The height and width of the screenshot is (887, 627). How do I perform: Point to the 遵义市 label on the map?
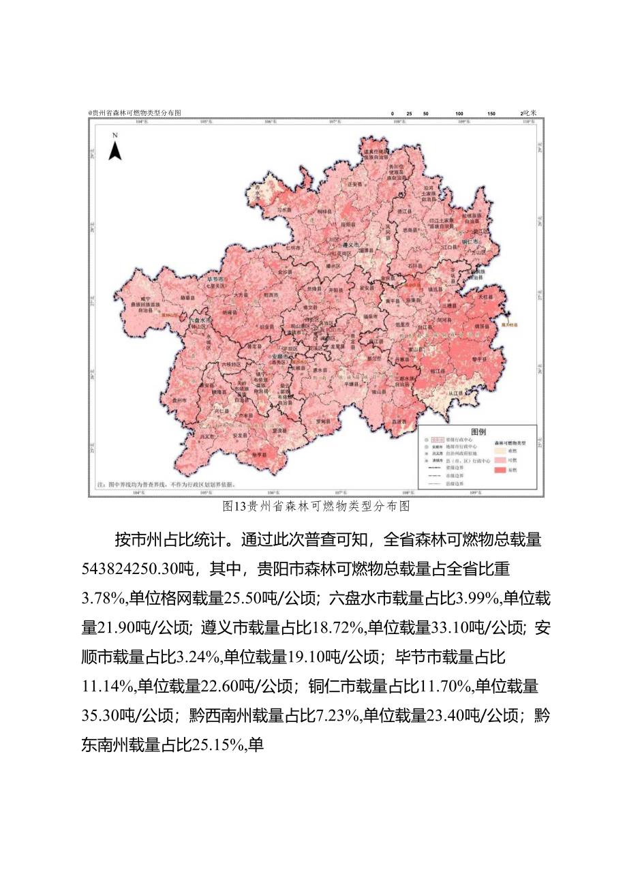[350, 244]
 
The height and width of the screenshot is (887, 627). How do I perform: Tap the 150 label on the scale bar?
[491, 113]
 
